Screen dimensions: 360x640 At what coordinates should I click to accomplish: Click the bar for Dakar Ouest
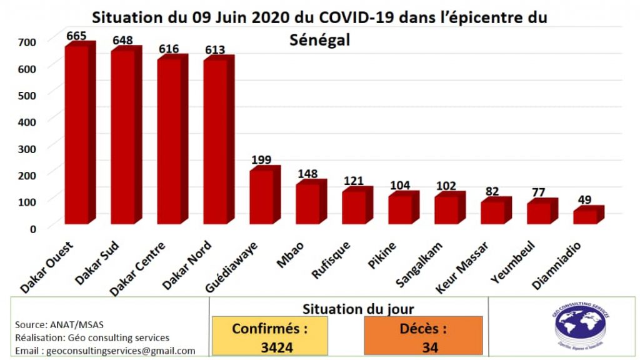click(x=77, y=134)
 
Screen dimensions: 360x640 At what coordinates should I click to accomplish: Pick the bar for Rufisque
click(x=354, y=207)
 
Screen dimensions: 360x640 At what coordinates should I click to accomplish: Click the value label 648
click(x=122, y=41)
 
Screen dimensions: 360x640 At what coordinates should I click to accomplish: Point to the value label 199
click(x=261, y=159)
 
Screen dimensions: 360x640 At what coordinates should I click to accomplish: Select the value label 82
click(x=492, y=191)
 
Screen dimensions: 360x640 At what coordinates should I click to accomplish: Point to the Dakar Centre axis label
click(x=139, y=269)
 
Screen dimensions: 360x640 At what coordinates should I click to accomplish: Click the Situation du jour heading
click(x=358, y=308)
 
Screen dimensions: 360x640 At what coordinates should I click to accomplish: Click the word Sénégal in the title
click(x=319, y=40)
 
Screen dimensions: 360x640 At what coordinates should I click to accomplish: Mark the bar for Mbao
click(x=307, y=202)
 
